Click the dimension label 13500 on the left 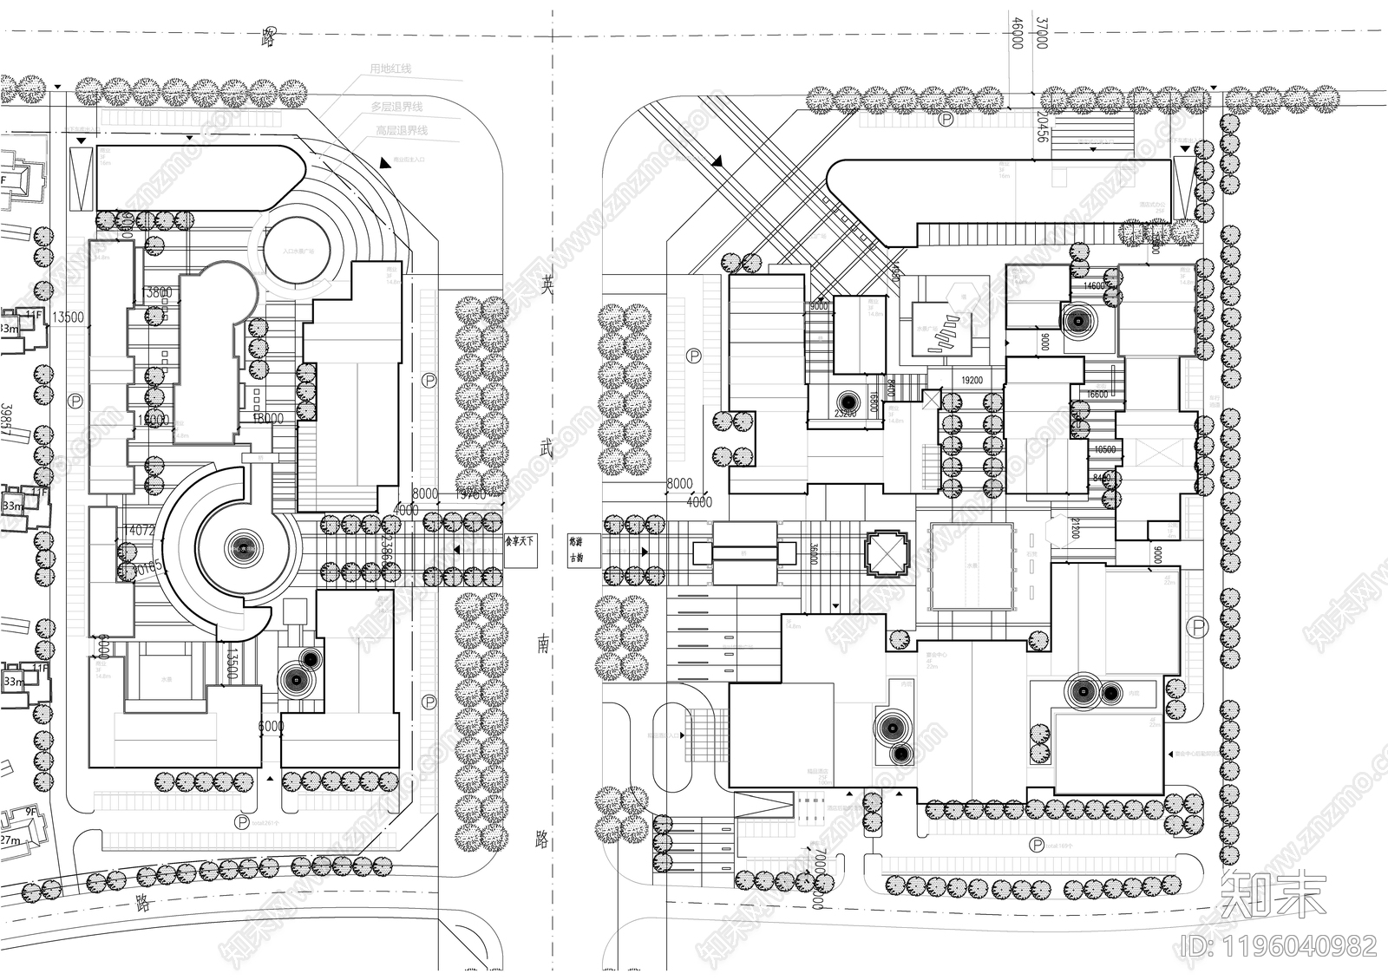click(x=68, y=317)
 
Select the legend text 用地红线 click(x=390, y=69)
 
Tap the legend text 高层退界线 click(x=401, y=130)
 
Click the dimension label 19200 click(x=972, y=380)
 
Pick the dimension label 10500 click(x=1104, y=449)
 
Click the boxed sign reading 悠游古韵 click(x=576, y=548)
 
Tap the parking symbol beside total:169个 click(x=1034, y=844)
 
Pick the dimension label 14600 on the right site click(x=1095, y=285)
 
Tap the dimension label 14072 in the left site click(x=140, y=529)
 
